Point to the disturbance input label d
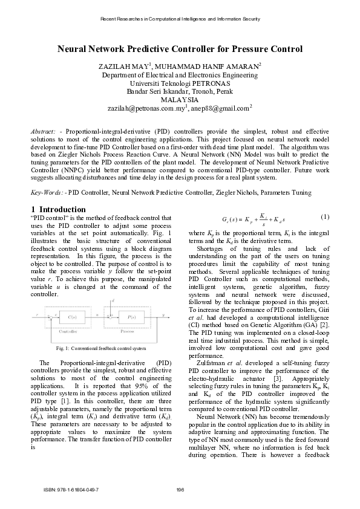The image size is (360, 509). point(113,300)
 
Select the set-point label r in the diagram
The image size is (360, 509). point(37,314)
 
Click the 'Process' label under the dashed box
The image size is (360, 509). point(124,332)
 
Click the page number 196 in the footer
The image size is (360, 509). point(180,488)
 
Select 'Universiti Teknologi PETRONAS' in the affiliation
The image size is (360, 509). point(179,83)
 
